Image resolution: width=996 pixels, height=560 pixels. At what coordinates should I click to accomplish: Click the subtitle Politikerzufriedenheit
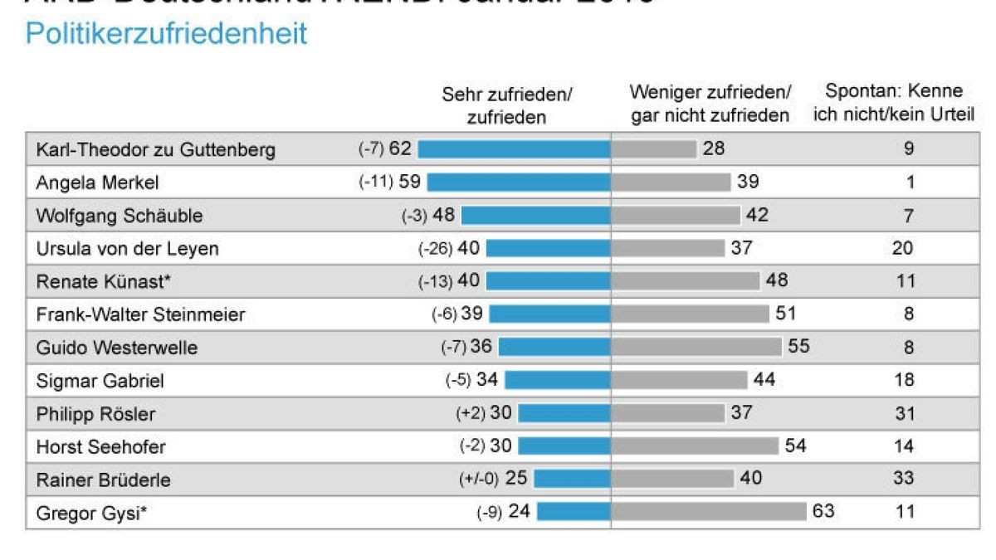tap(166, 34)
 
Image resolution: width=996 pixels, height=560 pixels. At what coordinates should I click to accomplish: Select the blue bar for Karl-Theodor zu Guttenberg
tap(514, 149)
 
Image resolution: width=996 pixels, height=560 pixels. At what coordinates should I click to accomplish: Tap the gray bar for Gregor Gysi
tap(709, 512)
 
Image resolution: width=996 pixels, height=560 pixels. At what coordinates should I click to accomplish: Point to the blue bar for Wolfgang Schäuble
tap(535, 216)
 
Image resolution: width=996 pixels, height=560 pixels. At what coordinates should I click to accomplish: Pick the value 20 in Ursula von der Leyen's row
tap(904, 248)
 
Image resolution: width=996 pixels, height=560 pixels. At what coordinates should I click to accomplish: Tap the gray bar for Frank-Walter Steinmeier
tap(690, 314)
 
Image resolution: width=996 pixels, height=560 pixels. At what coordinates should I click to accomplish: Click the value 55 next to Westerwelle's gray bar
tap(798, 347)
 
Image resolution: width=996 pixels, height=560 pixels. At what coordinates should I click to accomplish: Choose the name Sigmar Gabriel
tap(100, 381)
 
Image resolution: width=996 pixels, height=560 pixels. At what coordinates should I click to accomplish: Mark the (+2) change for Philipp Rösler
tap(471, 413)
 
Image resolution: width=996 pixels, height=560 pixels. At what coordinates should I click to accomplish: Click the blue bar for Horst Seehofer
tap(564, 446)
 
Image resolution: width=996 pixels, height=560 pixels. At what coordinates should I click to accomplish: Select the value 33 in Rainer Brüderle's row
tap(904, 479)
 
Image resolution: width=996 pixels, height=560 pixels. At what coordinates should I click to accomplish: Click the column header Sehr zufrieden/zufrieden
tap(506, 105)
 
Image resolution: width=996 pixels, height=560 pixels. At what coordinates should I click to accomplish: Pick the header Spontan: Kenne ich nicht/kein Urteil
tap(893, 103)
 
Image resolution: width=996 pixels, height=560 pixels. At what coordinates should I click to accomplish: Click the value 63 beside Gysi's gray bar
tap(823, 511)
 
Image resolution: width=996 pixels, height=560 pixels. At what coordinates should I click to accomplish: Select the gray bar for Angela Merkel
tap(671, 183)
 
